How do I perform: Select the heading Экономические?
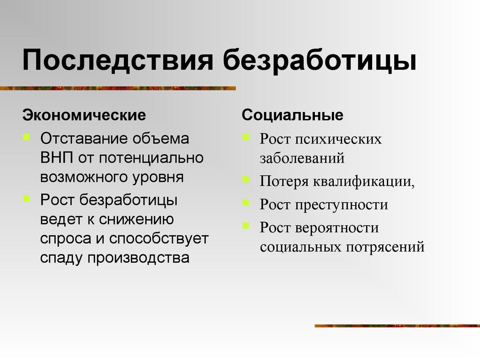84,115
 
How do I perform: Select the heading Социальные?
292,115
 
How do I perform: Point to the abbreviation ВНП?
57,157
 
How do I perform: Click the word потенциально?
151,157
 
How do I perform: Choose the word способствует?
159,238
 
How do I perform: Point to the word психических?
338,139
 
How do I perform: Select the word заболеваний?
302,158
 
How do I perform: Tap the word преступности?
341,205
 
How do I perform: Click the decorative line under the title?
117,88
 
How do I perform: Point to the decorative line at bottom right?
397,325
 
